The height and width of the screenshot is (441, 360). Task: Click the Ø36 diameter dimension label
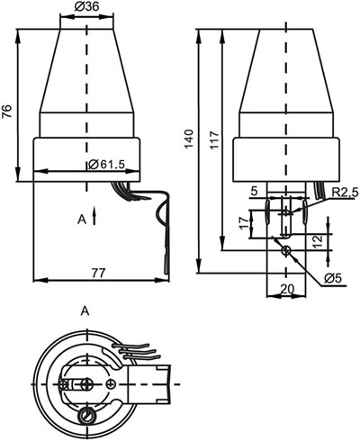(x=86, y=6)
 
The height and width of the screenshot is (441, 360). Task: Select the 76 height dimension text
(x=7, y=112)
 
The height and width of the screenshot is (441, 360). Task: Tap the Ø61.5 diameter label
(x=106, y=164)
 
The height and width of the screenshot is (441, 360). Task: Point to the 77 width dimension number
(x=99, y=273)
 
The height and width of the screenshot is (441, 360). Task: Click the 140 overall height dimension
(x=189, y=139)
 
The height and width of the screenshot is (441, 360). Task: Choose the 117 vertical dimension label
(x=214, y=139)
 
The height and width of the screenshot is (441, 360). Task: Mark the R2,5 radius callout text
(x=345, y=193)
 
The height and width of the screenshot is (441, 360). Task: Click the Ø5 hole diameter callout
(x=333, y=279)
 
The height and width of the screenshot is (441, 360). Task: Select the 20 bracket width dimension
(x=287, y=289)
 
